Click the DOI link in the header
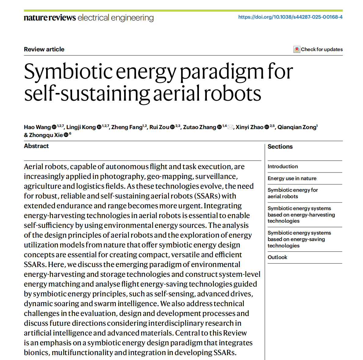(x=290, y=17)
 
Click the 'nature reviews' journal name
(x=50, y=18)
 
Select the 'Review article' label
(x=44, y=49)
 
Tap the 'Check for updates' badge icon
(x=297, y=50)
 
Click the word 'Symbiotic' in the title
(x=68, y=72)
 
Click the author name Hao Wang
(x=37, y=127)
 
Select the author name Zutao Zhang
(x=200, y=127)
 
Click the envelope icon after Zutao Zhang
(x=230, y=127)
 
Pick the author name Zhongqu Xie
(x=46, y=135)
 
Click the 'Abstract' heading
(x=36, y=146)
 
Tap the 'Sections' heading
(x=280, y=147)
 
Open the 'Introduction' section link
(x=283, y=166)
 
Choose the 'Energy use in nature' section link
(x=292, y=178)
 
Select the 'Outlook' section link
(x=277, y=257)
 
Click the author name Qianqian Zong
(x=296, y=127)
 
